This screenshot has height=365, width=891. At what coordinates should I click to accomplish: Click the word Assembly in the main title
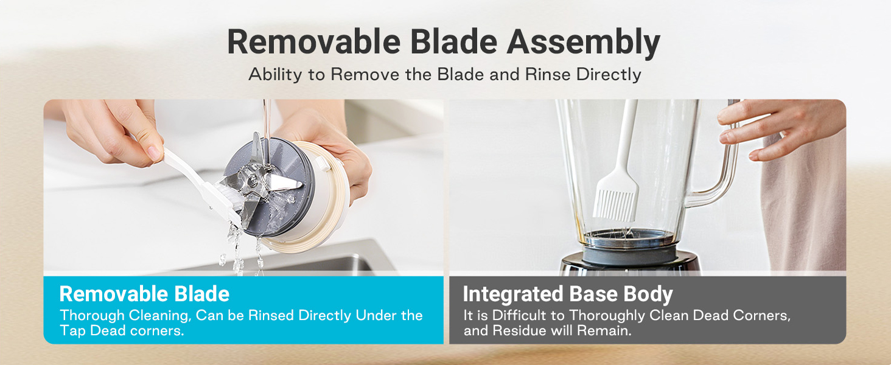tap(583, 43)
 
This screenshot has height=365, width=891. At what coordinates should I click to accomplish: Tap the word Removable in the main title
tap(314, 41)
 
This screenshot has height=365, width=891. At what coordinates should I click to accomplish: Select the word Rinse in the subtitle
tap(548, 74)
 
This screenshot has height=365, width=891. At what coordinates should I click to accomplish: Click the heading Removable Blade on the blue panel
tap(144, 294)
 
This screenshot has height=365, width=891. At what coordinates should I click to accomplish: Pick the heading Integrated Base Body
tap(568, 294)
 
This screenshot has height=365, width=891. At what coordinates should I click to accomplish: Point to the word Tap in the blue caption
tap(73, 331)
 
